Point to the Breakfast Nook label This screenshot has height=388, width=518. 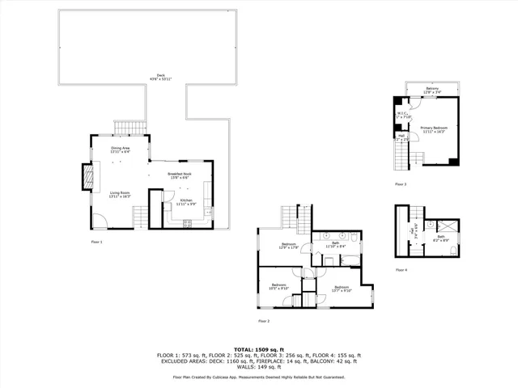point(179,175)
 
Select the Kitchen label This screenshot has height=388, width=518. point(187,202)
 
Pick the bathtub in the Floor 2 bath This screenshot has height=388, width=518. point(350,260)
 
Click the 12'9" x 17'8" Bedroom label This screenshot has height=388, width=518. point(289,246)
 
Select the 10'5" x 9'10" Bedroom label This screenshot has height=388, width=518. point(280,287)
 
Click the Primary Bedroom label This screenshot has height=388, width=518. point(434,129)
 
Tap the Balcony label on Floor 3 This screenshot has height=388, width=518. point(431,91)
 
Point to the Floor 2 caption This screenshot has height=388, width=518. point(263,321)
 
